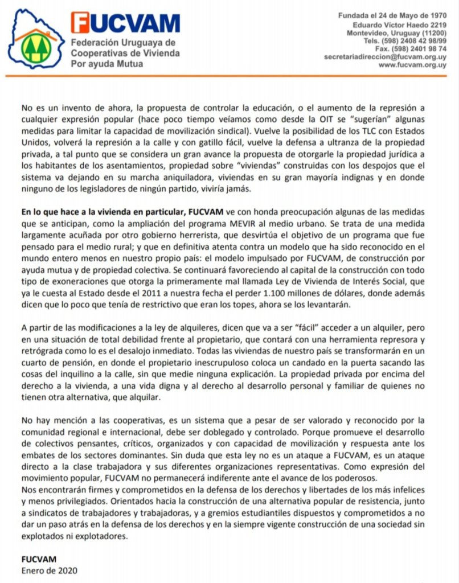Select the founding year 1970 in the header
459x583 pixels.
[435, 15]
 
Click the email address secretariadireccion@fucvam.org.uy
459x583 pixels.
[385, 57]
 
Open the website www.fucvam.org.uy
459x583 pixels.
[412, 65]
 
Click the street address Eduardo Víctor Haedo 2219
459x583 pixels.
[399, 24]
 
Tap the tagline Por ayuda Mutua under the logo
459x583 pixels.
[106, 64]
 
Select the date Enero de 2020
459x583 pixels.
[49, 570]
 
